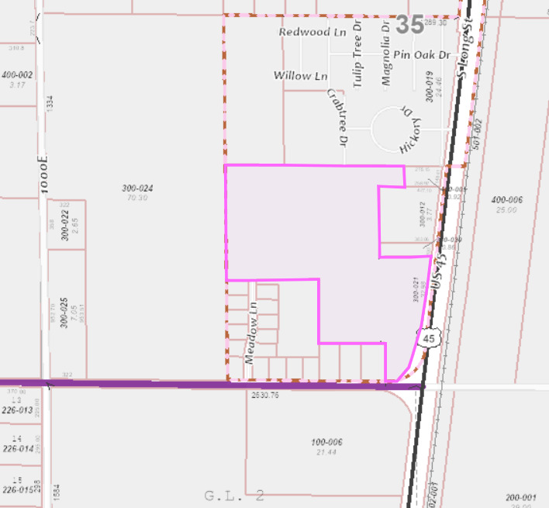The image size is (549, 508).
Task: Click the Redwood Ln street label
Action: [x=311, y=33]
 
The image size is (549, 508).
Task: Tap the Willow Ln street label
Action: [x=300, y=75]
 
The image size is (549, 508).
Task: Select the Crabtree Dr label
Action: [x=335, y=117]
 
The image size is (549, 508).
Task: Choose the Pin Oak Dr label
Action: [x=422, y=55]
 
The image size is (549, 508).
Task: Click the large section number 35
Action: [x=409, y=24]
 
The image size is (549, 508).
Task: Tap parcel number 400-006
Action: [x=507, y=200]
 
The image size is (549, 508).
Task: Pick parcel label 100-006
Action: [x=327, y=442]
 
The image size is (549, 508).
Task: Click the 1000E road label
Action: [x=43, y=178]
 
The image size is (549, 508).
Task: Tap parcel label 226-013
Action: [x=17, y=410]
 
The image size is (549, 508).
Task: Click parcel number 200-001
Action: [x=521, y=497]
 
